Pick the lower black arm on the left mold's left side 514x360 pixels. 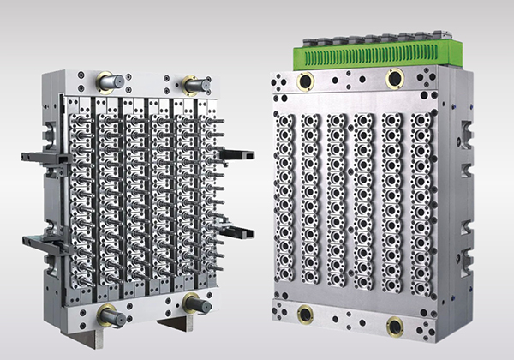coord(38,241)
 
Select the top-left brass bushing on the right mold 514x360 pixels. coord(304,82)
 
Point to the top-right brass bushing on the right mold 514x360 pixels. coord(395,79)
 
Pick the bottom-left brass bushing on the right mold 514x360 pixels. coord(304,313)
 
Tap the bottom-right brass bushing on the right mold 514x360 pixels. coord(395,326)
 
